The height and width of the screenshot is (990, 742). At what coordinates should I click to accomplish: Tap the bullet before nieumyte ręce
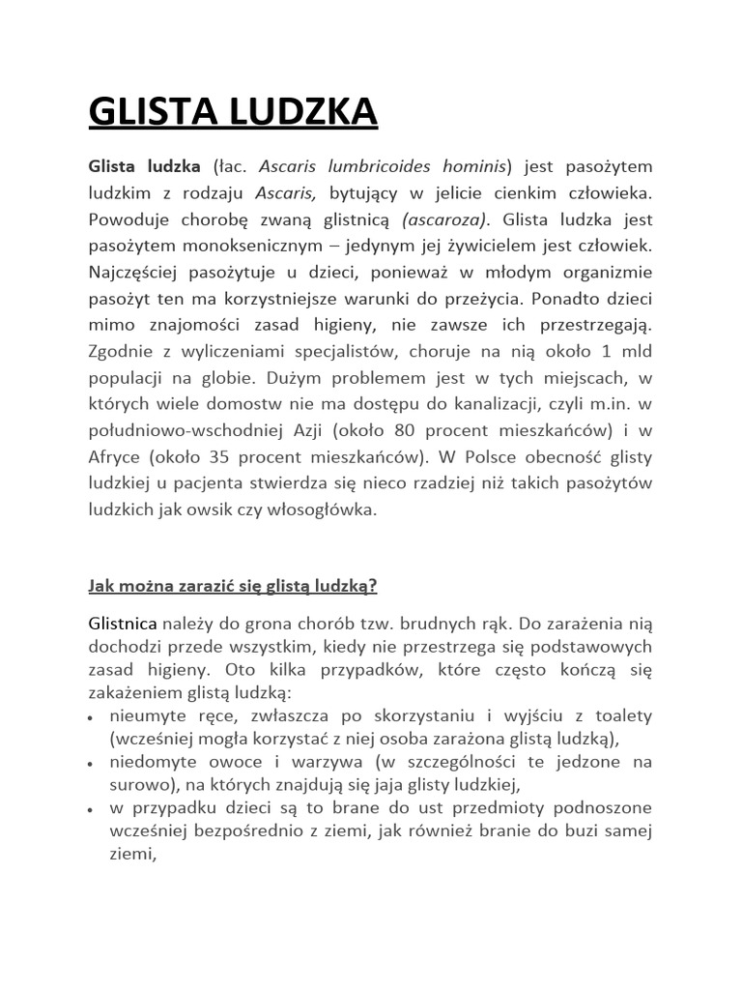tap(91, 718)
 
